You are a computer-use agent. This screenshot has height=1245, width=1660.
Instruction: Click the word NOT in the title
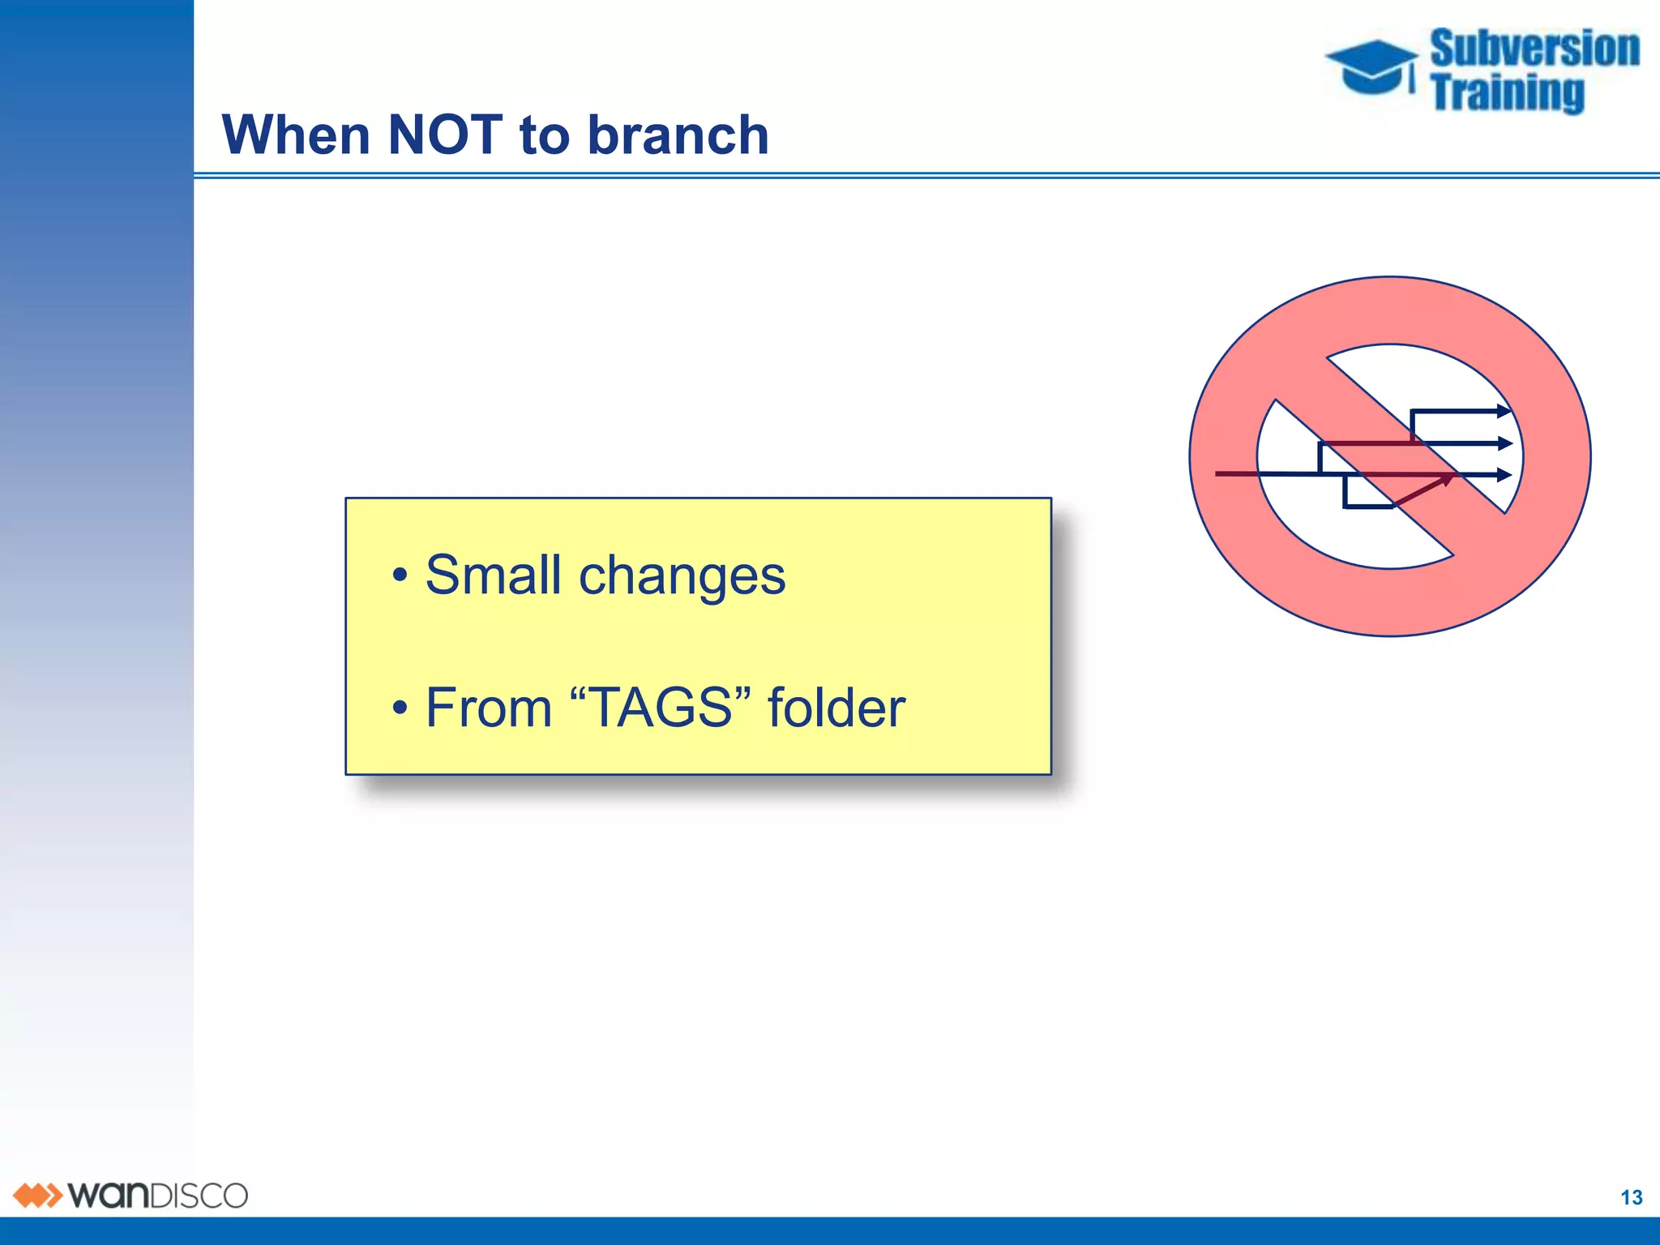445,135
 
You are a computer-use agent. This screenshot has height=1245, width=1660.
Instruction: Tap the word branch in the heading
678,135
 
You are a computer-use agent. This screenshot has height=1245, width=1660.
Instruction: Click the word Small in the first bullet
493,575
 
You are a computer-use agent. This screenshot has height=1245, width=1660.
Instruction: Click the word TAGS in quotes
660,707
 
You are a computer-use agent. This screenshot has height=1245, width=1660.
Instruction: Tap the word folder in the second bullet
836,708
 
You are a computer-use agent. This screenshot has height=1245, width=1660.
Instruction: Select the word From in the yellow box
488,708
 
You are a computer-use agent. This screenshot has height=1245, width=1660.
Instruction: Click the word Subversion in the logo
1534,49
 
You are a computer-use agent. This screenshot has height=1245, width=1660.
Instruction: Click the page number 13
1631,1197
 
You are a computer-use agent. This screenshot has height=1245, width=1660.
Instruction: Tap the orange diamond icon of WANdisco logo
37,1196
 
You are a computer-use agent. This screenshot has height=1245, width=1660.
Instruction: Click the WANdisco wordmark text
158,1196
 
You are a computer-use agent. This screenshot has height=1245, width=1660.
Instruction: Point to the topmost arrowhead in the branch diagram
1504,411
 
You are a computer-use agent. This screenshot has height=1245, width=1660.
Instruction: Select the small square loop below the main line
1368,492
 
